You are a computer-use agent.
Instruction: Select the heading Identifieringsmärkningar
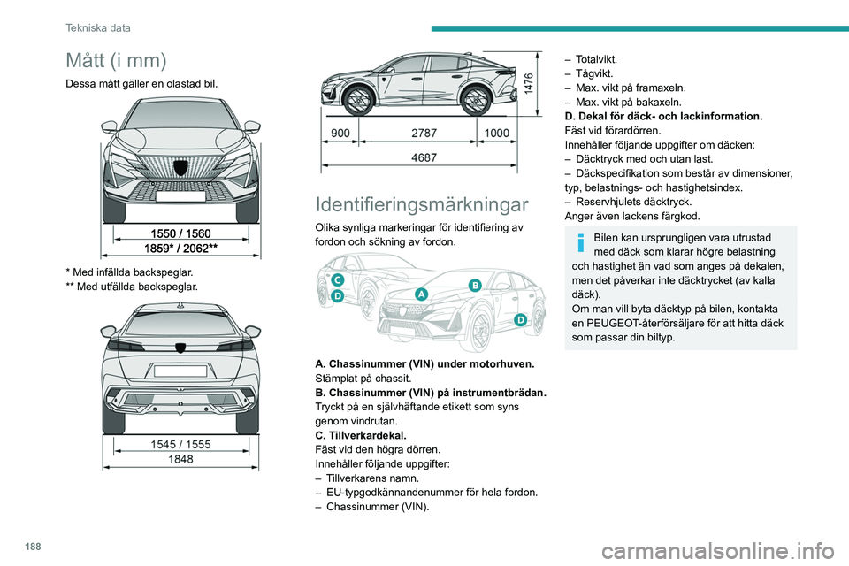(x=423, y=204)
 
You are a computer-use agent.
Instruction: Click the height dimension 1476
(x=528, y=84)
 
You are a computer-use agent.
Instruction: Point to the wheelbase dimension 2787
(x=424, y=131)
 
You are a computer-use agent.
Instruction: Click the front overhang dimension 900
(x=340, y=131)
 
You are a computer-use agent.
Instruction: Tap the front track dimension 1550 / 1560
(x=180, y=233)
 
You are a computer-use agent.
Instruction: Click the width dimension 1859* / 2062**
(x=180, y=249)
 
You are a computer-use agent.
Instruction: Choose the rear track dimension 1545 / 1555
(x=180, y=444)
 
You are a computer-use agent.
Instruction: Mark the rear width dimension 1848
(x=180, y=460)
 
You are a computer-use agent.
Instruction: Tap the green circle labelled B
(x=474, y=284)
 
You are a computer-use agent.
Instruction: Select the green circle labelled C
(x=337, y=279)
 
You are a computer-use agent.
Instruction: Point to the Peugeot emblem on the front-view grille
(x=180, y=167)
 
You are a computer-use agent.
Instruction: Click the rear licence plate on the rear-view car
(x=180, y=371)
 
